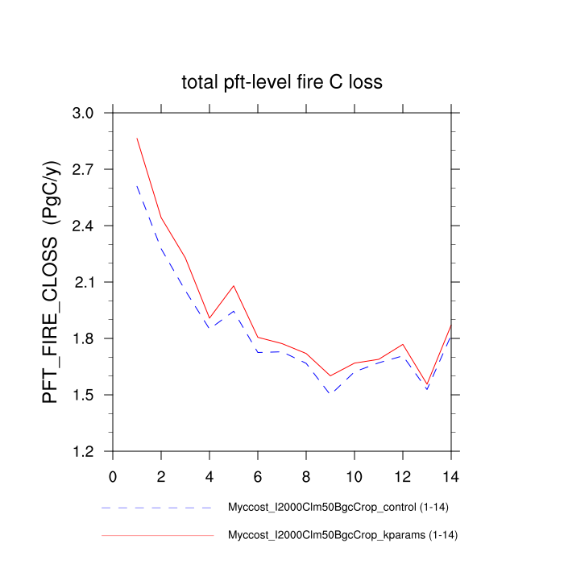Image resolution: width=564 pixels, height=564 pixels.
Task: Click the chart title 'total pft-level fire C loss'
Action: click(x=281, y=81)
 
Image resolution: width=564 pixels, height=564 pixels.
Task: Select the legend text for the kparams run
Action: click(x=343, y=534)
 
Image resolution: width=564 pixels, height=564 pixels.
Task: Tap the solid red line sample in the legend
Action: click(x=157, y=534)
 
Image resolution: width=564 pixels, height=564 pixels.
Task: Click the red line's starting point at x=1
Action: click(x=137, y=138)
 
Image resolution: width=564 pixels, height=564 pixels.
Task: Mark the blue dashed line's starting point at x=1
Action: click(x=137, y=185)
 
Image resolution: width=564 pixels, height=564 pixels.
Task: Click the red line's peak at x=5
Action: click(x=234, y=285)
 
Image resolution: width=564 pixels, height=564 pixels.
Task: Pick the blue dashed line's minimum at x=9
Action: click(x=330, y=393)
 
